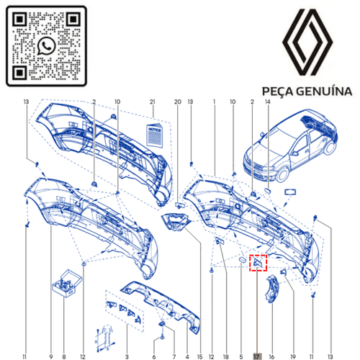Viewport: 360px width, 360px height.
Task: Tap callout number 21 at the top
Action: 152,102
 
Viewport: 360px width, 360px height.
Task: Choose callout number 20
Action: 178,102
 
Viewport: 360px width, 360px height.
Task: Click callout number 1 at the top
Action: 215,102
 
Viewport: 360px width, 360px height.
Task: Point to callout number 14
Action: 268,102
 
